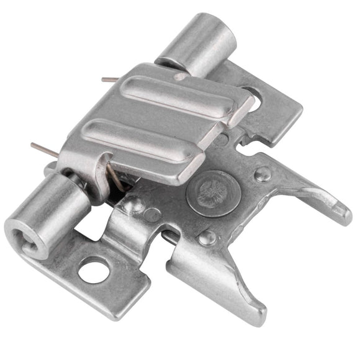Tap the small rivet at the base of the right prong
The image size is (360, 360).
(263, 174)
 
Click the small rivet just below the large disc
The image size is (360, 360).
(207, 236)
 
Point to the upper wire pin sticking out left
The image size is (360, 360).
(110, 79)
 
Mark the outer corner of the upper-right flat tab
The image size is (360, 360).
(300, 115)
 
